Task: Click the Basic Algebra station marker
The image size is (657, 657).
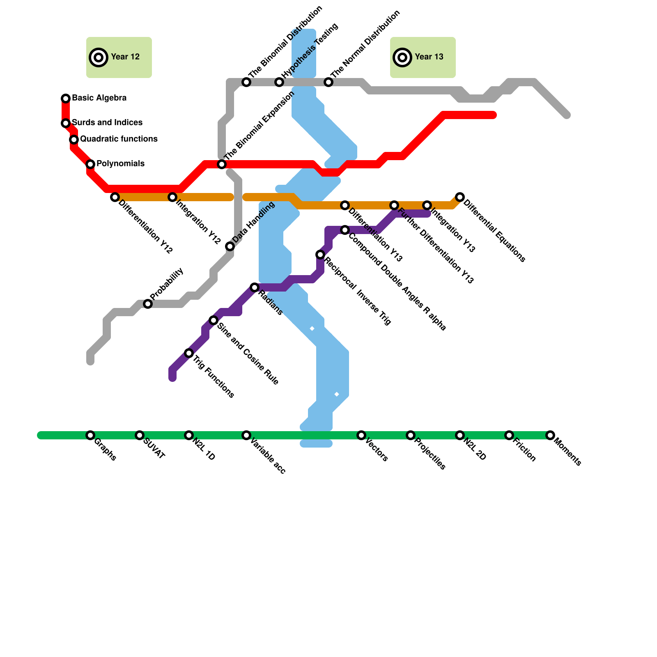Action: tap(66, 99)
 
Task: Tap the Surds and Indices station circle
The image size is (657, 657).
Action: tap(66, 123)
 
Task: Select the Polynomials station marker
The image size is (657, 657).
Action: tap(90, 164)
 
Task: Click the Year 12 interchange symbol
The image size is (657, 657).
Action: tap(99, 57)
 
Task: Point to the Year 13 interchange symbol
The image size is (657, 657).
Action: tap(402, 57)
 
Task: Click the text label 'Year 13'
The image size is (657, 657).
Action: tap(429, 57)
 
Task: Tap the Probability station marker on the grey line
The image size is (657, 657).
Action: tap(148, 304)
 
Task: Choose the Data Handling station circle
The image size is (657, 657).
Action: tap(230, 246)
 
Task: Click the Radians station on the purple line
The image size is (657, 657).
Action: tap(255, 287)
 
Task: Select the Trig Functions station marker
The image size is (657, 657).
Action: tap(189, 353)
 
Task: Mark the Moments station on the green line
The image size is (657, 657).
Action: tap(550, 435)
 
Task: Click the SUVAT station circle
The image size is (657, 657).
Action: tap(140, 435)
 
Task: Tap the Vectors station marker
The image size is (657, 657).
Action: tap(361, 435)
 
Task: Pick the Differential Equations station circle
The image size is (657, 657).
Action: tap(460, 197)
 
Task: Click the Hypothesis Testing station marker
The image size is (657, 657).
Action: tap(279, 82)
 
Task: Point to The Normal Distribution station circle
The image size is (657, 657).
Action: tap(328, 82)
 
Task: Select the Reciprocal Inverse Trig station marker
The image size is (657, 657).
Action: tap(320, 255)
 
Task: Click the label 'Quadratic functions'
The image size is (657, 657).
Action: tap(119, 139)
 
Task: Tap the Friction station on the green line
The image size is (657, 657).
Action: tap(509, 435)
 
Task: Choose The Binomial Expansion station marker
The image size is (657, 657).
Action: tap(222, 164)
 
